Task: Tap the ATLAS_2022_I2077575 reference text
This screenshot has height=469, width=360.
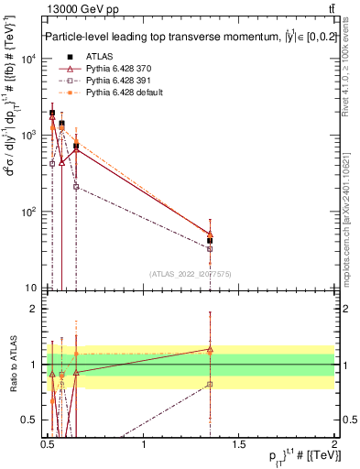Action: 191,273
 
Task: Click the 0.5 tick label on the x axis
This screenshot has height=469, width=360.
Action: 49,444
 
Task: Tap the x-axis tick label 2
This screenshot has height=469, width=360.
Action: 335,444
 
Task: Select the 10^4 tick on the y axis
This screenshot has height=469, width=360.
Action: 28,60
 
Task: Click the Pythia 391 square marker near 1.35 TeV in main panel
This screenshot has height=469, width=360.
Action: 211,248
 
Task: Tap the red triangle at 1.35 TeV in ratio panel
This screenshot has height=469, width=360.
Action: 211,349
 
